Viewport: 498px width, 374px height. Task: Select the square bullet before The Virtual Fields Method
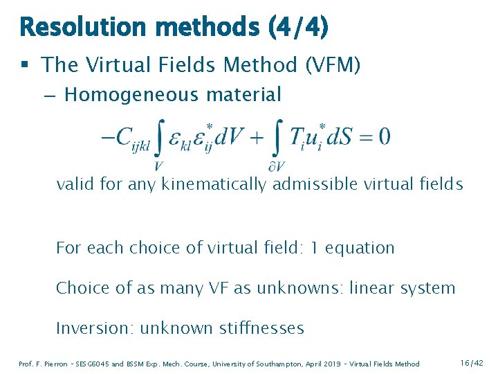[25, 66]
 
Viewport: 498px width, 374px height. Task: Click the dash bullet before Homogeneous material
[50, 95]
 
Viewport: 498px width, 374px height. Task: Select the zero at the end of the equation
[385, 136]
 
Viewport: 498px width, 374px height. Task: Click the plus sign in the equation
[255, 136]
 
